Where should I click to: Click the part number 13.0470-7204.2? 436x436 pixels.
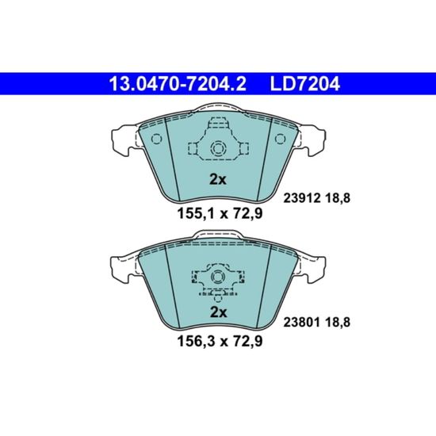click(178, 84)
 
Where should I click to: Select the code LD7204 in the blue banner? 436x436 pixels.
click(304, 84)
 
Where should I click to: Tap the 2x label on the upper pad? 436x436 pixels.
click(218, 180)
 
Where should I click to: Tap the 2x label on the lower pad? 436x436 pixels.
click(218, 312)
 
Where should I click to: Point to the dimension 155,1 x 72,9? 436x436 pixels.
click(220, 214)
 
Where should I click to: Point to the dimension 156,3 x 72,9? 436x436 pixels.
click(220, 341)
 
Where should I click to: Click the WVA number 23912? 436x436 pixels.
click(301, 198)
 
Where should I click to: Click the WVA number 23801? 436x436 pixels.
click(301, 323)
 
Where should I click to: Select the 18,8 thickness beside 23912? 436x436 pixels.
click(338, 198)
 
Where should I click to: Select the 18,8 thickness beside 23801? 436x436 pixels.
click(338, 323)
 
